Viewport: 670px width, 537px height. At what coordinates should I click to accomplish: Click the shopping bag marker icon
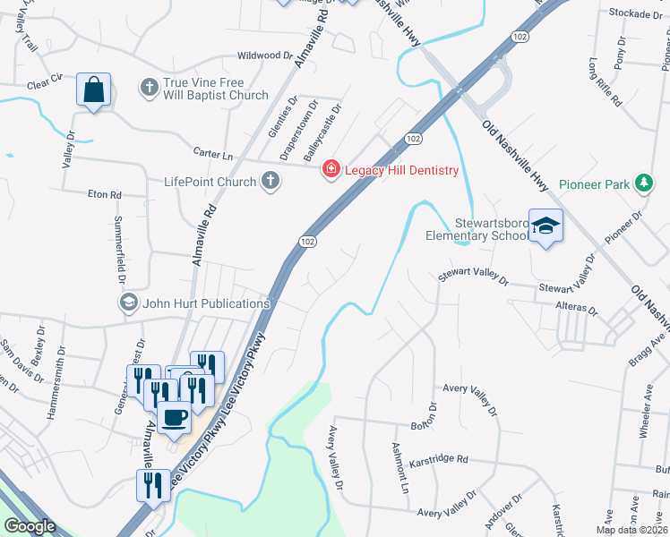[x=93, y=89]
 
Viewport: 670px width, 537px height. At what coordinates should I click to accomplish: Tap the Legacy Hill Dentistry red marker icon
[x=331, y=169]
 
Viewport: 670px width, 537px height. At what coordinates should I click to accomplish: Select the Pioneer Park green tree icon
[x=642, y=183]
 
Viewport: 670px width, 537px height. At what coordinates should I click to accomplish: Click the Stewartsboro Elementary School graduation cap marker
[x=545, y=226]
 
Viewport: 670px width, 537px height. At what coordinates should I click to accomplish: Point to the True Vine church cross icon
[x=149, y=88]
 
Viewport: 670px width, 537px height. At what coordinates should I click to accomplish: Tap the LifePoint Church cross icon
[x=268, y=182]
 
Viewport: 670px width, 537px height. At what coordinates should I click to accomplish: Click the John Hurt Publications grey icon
[x=128, y=303]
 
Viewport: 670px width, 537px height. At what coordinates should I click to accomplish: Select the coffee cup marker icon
[x=174, y=415]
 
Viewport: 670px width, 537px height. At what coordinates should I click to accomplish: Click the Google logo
[x=30, y=526]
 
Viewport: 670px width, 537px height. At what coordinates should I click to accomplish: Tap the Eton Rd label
[x=104, y=193]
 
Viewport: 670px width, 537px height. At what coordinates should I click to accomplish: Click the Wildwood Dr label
[x=264, y=55]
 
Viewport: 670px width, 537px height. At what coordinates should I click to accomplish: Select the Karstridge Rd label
[x=439, y=460]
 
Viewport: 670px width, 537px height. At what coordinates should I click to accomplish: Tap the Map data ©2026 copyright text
[x=631, y=530]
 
